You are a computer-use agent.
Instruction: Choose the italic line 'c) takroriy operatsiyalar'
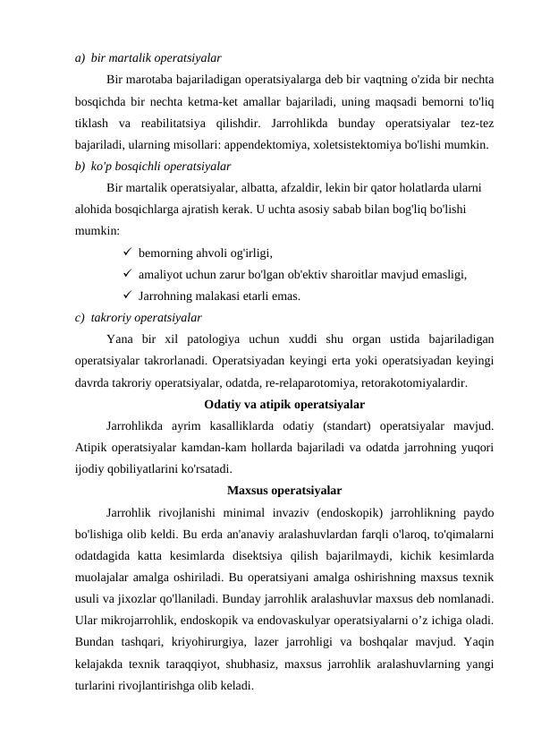tap(139, 316)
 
